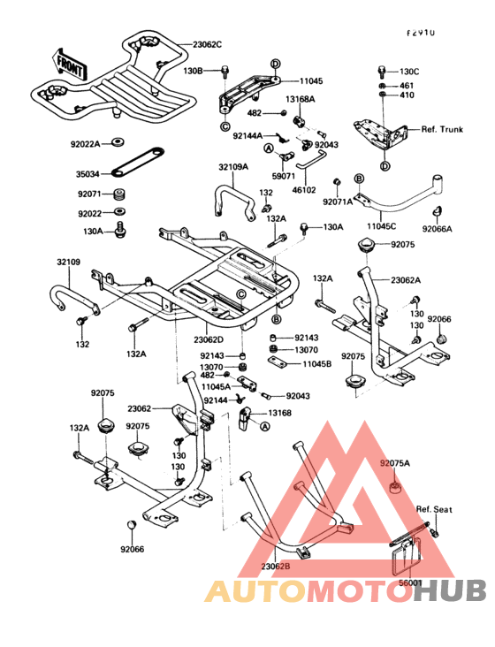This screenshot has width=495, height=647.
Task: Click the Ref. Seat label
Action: tap(435, 510)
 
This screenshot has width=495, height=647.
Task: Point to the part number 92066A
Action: tap(437, 229)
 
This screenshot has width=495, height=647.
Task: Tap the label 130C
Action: tap(408, 71)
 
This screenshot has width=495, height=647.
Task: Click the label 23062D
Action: tap(209, 339)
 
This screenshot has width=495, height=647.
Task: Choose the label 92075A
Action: tap(396, 462)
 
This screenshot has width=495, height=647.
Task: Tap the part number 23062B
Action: tap(276, 566)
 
